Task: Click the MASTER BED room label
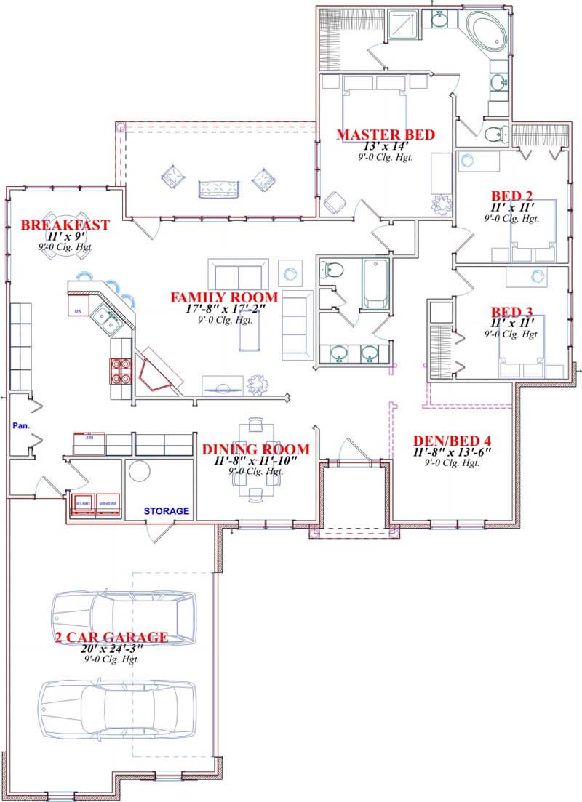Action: point(385,135)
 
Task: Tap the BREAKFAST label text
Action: point(65,225)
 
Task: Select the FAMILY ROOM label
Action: point(223,297)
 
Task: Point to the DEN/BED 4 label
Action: point(452,441)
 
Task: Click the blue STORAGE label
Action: point(166,511)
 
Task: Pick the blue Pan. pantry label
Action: point(20,425)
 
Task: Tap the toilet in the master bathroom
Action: point(495,133)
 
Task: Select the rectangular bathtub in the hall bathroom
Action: point(375,283)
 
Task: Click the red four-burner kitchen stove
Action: point(120,371)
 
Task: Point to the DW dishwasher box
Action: point(79,311)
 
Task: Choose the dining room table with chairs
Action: point(255,460)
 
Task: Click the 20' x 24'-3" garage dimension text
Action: point(111,649)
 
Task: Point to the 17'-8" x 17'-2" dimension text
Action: point(223,309)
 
